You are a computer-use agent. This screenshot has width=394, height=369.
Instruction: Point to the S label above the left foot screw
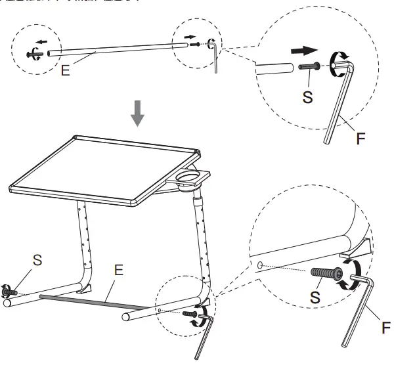37,260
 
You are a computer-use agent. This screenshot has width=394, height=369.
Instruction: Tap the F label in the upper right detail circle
361,139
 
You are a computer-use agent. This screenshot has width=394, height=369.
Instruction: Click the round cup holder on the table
190,177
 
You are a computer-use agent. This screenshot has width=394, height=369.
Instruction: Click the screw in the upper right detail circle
308,66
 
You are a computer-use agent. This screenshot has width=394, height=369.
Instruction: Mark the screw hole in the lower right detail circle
260,266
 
